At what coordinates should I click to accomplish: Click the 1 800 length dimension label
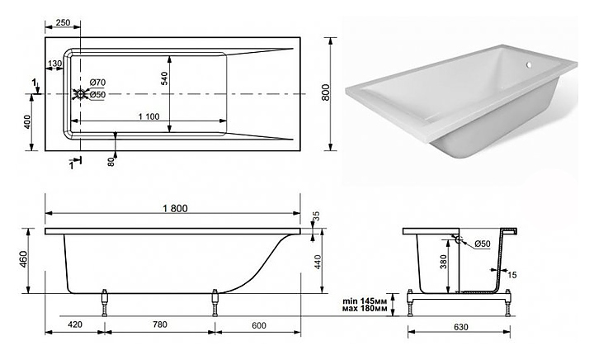pos(175,208)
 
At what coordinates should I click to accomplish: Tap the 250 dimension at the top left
pos(63,23)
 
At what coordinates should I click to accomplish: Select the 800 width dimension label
pos(325,92)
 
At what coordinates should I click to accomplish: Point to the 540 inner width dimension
pos(164,78)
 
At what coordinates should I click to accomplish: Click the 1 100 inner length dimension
pos(148,116)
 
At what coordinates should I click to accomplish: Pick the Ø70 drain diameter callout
pos(97,83)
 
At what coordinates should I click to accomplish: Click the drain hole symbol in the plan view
pos(80,93)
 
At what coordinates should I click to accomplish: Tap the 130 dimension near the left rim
pos(55,64)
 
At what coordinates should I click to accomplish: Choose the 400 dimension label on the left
pos(27,122)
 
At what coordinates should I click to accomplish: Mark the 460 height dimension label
pos(24,259)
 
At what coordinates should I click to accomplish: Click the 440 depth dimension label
pos(318,262)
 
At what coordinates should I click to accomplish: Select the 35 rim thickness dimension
pos(316,216)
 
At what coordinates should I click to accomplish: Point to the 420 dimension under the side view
pos(75,324)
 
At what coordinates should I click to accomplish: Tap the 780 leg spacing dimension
pos(159,324)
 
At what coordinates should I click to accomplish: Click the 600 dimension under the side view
pos(259,325)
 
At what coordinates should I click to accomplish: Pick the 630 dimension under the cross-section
pos(460,327)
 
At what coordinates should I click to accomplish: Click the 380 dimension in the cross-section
pos(444,262)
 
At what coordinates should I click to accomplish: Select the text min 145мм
pos(365,301)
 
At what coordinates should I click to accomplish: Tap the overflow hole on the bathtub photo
pos(529,66)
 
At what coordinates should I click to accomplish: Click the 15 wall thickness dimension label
pos(511,275)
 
